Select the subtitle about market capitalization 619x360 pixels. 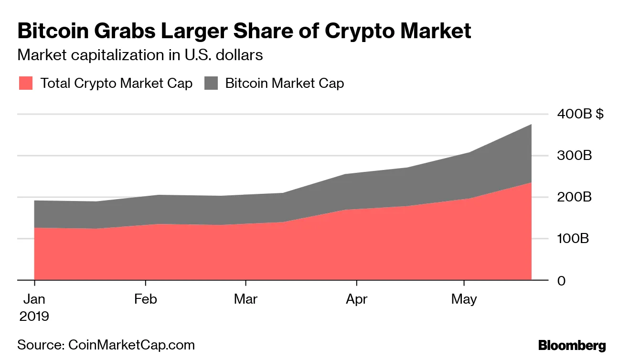click(x=140, y=55)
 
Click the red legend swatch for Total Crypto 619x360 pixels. click(x=26, y=83)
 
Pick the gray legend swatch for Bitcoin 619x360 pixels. click(x=211, y=83)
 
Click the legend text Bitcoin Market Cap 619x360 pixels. click(x=284, y=84)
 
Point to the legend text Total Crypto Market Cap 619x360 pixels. click(x=116, y=84)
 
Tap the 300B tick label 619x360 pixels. click(x=574, y=156)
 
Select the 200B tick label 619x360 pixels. click(x=574, y=197)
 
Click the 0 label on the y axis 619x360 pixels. click(x=562, y=280)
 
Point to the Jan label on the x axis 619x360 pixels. click(x=34, y=299)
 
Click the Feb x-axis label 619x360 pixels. click(x=145, y=299)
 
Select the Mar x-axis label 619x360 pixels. click(x=245, y=299)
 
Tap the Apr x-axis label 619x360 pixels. click(x=356, y=299)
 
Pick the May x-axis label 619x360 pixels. click(x=464, y=299)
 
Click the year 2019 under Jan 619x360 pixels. click(x=34, y=316)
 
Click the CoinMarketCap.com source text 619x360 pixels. click(x=132, y=345)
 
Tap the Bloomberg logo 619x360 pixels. click(x=572, y=346)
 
